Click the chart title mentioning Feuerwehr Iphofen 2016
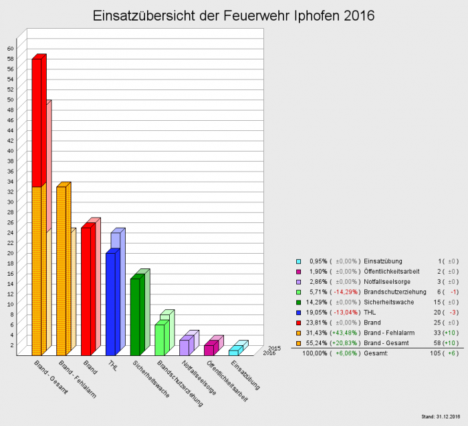[x=233, y=15]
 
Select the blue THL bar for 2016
[x=110, y=304]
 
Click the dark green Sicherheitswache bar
[x=135, y=316]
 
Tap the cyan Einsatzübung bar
[x=233, y=352]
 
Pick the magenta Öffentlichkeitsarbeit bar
[x=209, y=349]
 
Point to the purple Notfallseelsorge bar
[x=184, y=347]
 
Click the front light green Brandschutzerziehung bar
[x=159, y=339]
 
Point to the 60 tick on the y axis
[x=10, y=49]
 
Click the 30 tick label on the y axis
[x=10, y=202]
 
